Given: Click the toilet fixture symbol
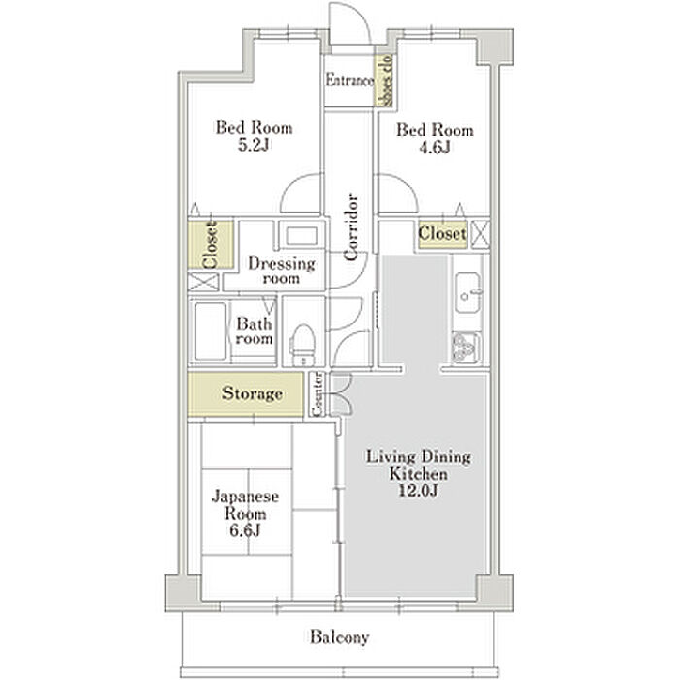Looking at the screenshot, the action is tap(302, 344).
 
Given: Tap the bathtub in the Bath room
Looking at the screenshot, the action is tap(211, 331).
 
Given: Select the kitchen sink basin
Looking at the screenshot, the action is tap(467, 292).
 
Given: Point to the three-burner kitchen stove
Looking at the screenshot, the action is tap(465, 348).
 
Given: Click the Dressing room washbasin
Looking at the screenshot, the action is tap(301, 236).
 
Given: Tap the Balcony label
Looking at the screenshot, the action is tap(340, 637).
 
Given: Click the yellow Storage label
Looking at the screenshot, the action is tap(253, 393).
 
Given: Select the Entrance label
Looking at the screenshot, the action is tap(350, 81).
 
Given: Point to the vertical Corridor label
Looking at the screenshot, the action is tap(351, 227).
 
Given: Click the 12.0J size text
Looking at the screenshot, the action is tap(418, 491).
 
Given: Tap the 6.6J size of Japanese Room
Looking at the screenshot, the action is tap(245, 530).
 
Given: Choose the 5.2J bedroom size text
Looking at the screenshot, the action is tap(255, 145).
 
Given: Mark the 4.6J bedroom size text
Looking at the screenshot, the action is tap(434, 148).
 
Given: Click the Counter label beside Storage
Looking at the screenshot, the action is tap(317, 394).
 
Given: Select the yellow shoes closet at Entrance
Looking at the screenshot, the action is tap(385, 81).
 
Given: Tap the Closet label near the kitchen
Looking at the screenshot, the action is tap(442, 234).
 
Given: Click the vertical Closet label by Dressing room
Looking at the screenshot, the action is tap(210, 245).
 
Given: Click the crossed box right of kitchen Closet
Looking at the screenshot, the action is tap(480, 235).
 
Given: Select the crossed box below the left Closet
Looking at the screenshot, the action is tap(204, 282).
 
